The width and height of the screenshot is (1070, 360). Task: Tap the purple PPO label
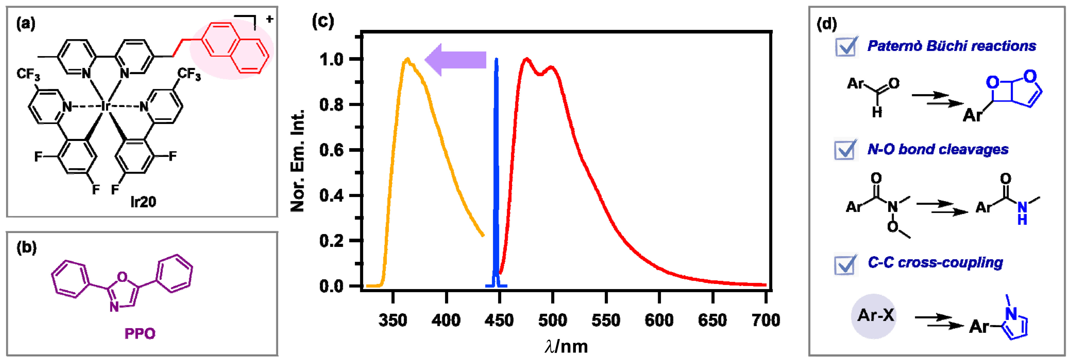pos(140,333)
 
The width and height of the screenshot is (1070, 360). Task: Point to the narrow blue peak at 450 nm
pos(496,166)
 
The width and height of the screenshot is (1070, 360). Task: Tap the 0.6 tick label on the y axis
pos(332,150)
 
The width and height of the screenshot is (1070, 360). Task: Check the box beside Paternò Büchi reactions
pos(846,46)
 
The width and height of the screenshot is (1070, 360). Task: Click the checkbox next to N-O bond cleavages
pos(846,149)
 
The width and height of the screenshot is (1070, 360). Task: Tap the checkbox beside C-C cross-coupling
pos(846,264)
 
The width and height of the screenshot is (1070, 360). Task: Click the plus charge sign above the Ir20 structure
pos(269,19)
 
